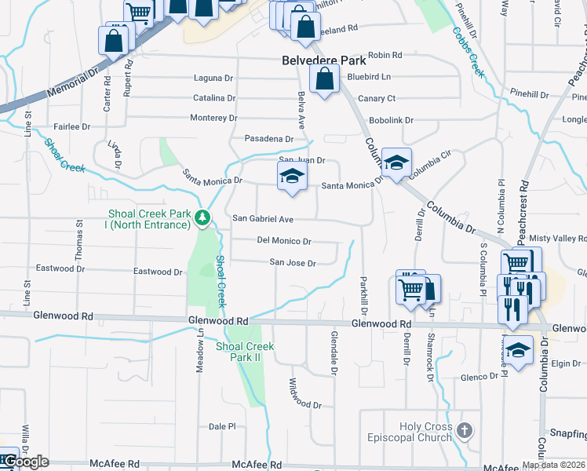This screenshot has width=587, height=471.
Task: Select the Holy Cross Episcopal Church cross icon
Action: click(x=465, y=430)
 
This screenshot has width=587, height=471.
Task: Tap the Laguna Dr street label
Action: click(x=213, y=78)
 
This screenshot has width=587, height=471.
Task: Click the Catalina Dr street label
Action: click(x=214, y=98)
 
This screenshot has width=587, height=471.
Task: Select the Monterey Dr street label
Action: click(x=213, y=118)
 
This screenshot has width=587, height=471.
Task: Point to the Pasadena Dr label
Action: click(x=268, y=138)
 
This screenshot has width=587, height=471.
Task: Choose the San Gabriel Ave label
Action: click(x=262, y=219)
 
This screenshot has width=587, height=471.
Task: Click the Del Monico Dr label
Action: click(x=284, y=241)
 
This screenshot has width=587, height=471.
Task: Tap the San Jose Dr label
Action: click(x=292, y=263)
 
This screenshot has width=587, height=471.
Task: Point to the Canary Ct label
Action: click(x=376, y=98)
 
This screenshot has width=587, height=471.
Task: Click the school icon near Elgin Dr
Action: click(x=519, y=350)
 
